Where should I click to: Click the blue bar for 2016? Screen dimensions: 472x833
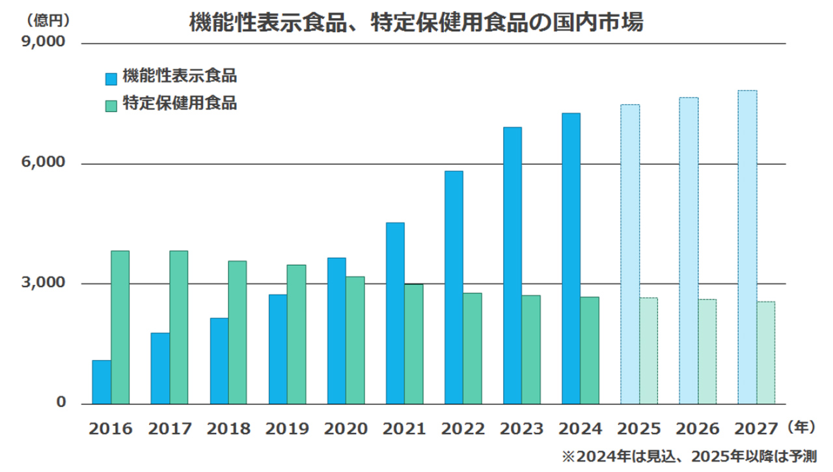point(102,382)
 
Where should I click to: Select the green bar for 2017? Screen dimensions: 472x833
point(179,327)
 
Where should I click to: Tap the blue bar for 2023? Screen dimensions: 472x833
point(512,266)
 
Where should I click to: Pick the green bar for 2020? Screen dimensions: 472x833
point(355,340)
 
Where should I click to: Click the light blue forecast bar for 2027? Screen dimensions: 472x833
point(747,247)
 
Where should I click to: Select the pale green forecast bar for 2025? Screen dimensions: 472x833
point(648,351)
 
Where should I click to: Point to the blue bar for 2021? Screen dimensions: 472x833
point(395,313)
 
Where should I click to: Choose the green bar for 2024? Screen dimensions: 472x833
point(590,350)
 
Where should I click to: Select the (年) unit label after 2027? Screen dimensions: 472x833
point(800,428)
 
